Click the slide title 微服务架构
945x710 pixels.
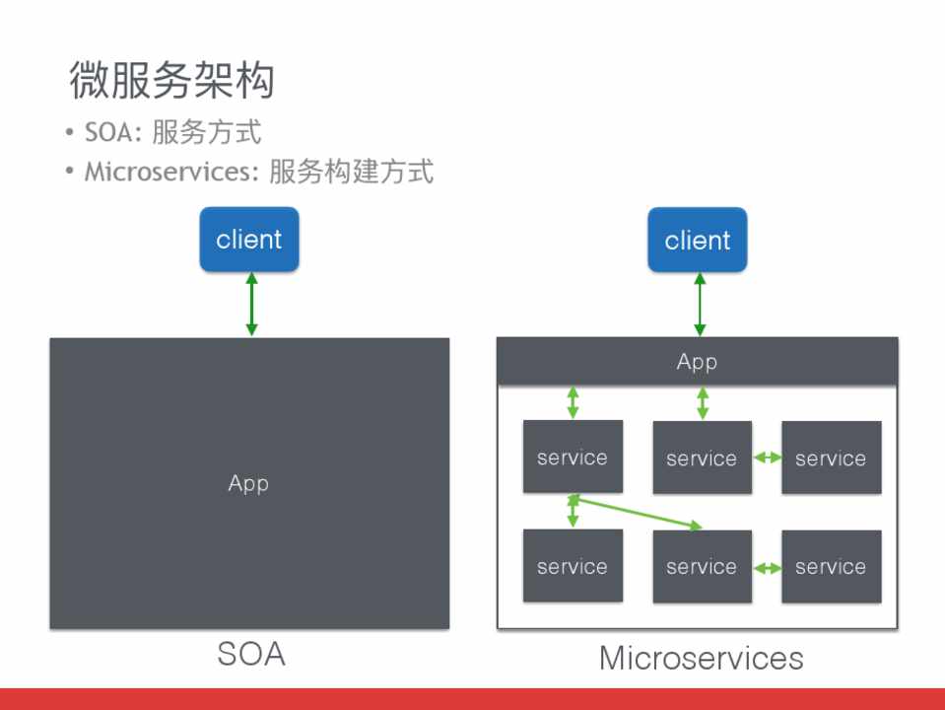pyautogui.click(x=170, y=81)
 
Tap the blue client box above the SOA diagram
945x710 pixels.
pyautogui.click(x=249, y=240)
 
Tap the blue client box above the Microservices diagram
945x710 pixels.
pyautogui.click(x=698, y=240)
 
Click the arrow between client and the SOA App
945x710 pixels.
pyautogui.click(x=251, y=304)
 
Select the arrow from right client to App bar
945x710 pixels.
pyautogui.click(x=700, y=304)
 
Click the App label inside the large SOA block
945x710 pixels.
pyautogui.click(x=248, y=483)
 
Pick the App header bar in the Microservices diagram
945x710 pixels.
pyautogui.click(x=697, y=362)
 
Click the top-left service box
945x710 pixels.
pyautogui.click(x=573, y=457)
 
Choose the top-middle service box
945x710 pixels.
pyautogui.click(x=702, y=458)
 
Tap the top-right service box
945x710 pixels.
pyautogui.click(x=831, y=458)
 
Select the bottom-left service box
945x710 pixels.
pyautogui.click(x=573, y=566)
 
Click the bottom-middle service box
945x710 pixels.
pyautogui.click(x=702, y=566)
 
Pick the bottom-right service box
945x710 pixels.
pyautogui.click(x=831, y=566)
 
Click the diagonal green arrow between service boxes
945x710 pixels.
pyautogui.click(x=637, y=514)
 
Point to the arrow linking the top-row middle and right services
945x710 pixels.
pyautogui.click(x=767, y=458)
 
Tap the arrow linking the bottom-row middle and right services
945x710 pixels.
pyautogui.click(x=767, y=567)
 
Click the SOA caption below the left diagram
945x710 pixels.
pyautogui.click(x=251, y=654)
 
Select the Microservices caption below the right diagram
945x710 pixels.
pyautogui.click(x=701, y=658)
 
